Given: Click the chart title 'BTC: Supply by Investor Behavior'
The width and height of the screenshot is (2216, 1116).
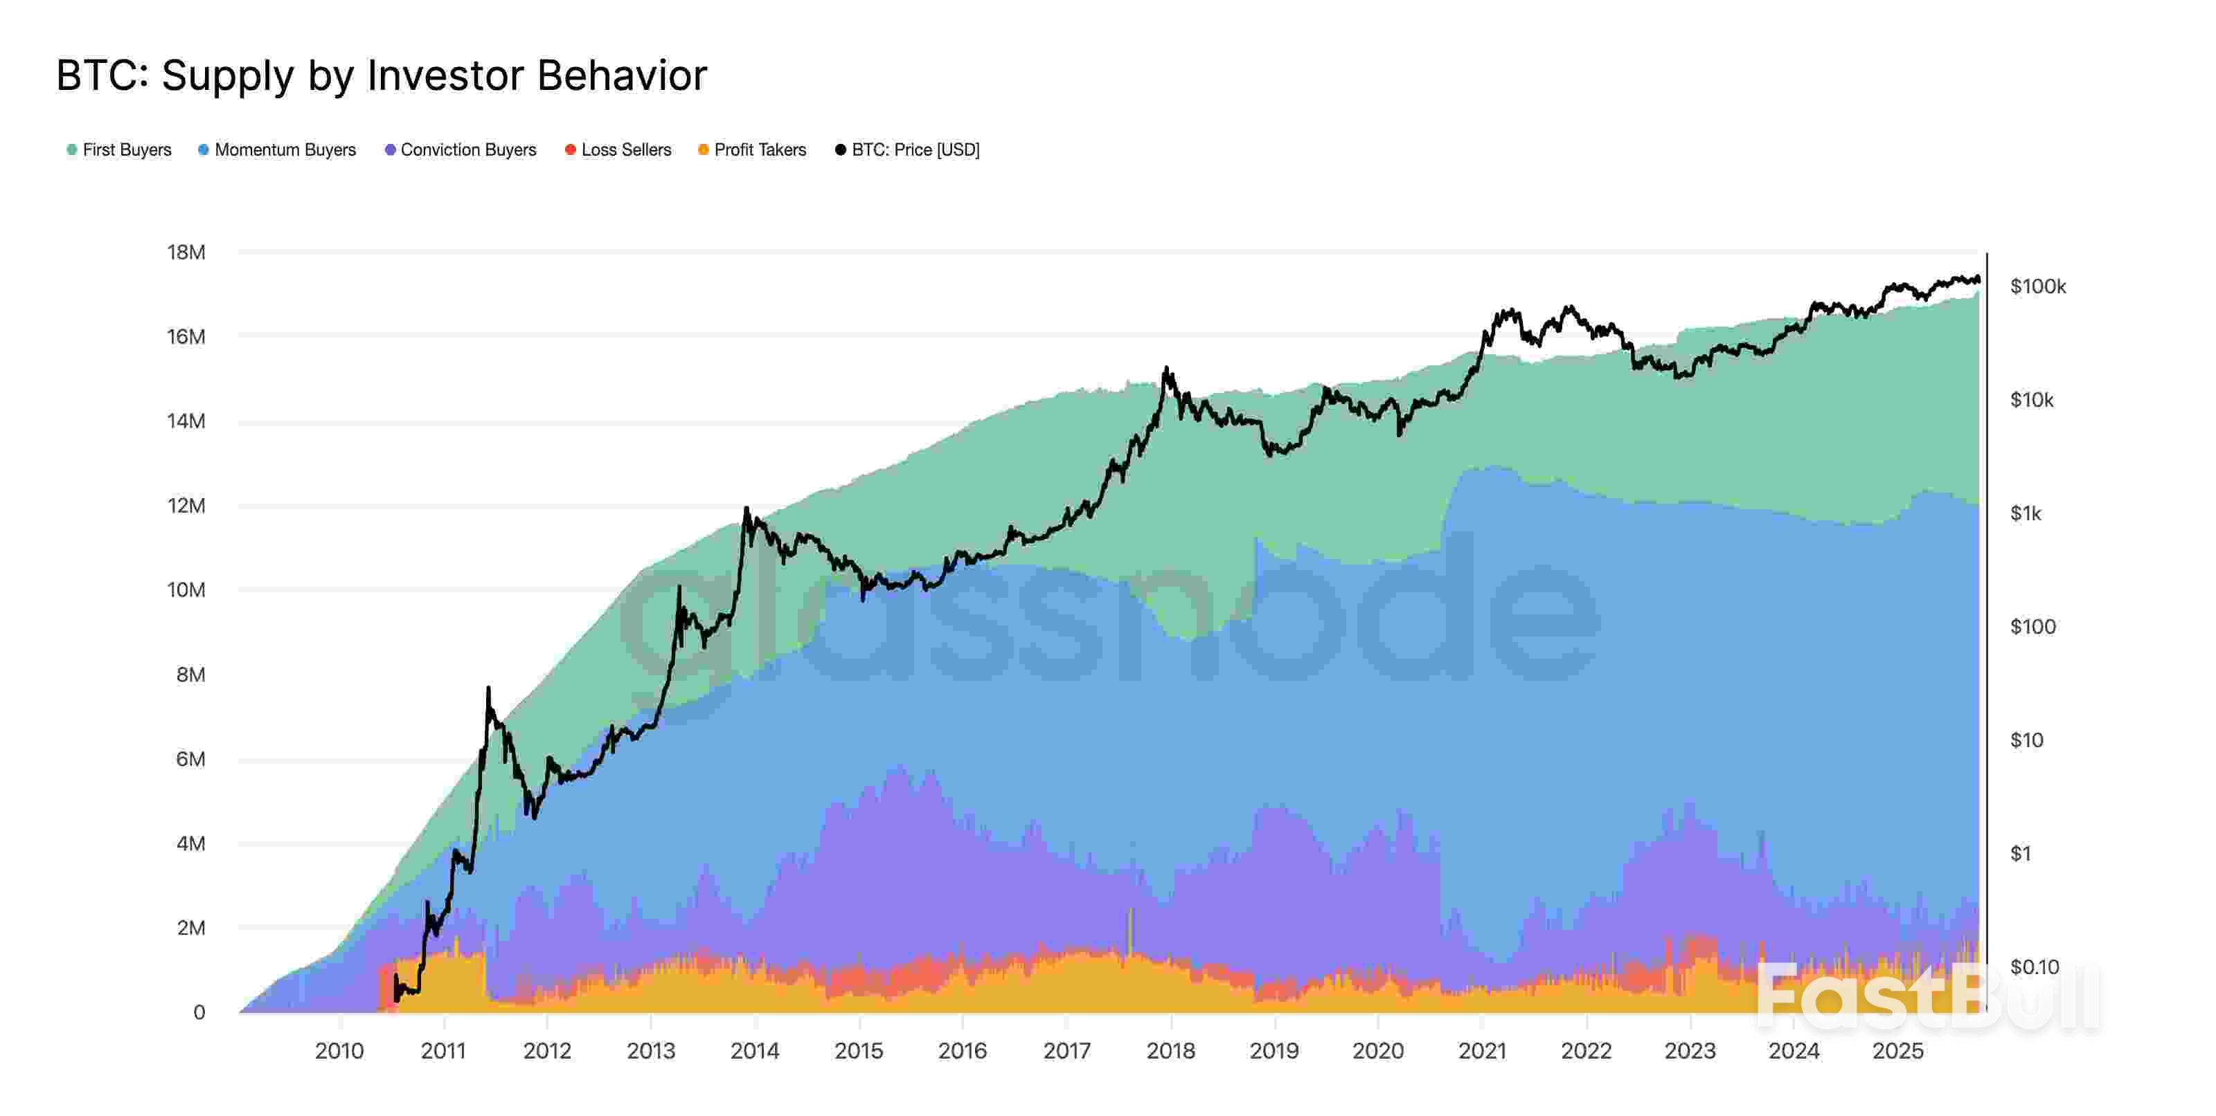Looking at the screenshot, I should (381, 75).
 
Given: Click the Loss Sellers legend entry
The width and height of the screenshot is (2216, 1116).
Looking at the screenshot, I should (618, 149).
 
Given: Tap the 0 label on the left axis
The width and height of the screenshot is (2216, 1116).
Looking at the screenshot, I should (199, 1012).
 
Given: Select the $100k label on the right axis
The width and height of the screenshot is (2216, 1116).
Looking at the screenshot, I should (2037, 286).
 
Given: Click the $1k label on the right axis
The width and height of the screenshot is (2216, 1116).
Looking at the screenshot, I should (2025, 513).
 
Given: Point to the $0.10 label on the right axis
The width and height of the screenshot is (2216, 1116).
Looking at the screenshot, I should (2034, 967).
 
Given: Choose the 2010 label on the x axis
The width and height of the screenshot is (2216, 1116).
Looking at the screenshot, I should (339, 1051).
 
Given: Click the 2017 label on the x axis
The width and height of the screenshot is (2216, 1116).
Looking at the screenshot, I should (1066, 1051).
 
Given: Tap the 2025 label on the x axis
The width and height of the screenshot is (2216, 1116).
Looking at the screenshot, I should (1897, 1051).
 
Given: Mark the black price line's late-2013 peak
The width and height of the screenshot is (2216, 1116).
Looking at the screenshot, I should (746, 509).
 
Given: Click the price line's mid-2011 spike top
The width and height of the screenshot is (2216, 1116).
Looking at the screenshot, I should (489, 688).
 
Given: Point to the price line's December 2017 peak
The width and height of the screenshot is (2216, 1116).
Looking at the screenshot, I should (1166, 368).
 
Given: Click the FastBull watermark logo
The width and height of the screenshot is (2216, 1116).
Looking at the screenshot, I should (1927, 998).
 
